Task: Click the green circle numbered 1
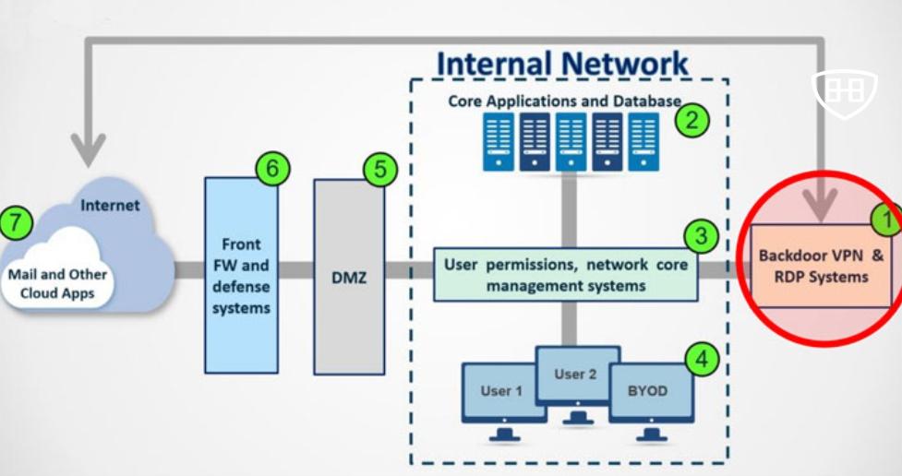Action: click(887, 218)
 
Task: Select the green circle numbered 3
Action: click(701, 237)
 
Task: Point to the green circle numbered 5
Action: click(379, 171)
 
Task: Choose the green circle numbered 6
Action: click(272, 169)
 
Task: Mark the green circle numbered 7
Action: click(16, 222)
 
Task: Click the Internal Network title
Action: click(561, 64)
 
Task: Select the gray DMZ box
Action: click(349, 277)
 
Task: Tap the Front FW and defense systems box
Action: click(241, 276)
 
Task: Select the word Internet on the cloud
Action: click(110, 206)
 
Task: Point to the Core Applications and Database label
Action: click(563, 101)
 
